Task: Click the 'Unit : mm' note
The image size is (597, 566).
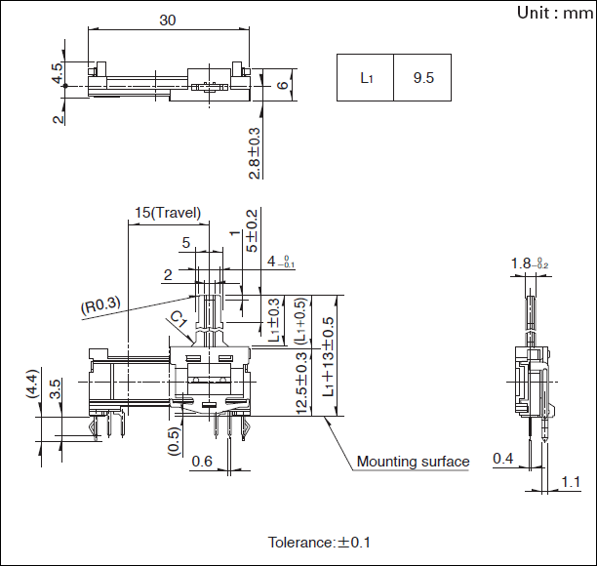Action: tap(552, 13)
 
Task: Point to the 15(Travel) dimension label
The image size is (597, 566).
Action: tap(168, 213)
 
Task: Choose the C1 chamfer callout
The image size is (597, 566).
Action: tap(179, 319)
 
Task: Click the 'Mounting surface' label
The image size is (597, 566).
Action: tap(413, 462)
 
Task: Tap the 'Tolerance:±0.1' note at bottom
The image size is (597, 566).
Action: tap(319, 542)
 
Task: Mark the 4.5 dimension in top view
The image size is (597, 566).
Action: tap(59, 72)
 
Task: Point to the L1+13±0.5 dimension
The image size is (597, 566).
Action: tap(329, 356)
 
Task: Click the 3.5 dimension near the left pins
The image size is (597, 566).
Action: tap(56, 389)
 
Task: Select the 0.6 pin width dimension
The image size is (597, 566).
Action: tap(202, 462)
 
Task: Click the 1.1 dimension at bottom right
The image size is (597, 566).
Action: tap(573, 482)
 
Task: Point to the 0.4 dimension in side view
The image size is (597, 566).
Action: tap(503, 458)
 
